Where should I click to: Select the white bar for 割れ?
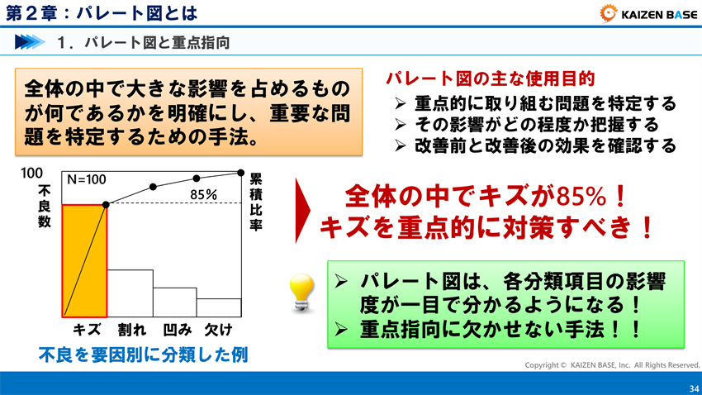tap(130, 293)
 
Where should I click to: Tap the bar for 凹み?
tap(174, 302)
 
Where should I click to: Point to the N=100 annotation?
tap(87, 178)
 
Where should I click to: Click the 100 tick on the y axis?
tap(32, 173)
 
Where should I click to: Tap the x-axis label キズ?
tap(87, 330)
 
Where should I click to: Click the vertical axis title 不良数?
tap(44, 207)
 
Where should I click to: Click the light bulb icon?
tap(299, 293)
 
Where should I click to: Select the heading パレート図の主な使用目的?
tap(490, 79)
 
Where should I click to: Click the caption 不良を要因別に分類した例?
tap(144, 355)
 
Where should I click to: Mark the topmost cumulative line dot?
tap(240, 173)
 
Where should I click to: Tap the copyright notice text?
tap(612, 364)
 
